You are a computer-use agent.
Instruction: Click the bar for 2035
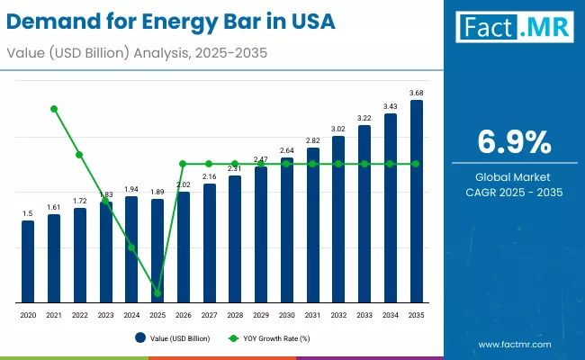pyautogui.click(x=416, y=202)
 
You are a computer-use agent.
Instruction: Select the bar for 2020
pyautogui.click(x=28, y=261)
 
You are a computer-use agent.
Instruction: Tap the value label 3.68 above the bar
pyautogui.click(x=416, y=93)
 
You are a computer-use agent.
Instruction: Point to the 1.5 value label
pyautogui.click(x=28, y=213)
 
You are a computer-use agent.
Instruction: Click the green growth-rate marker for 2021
pyautogui.click(x=54, y=109)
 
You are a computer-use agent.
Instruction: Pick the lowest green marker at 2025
pyautogui.click(x=157, y=293)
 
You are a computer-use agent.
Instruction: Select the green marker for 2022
pyautogui.click(x=80, y=155)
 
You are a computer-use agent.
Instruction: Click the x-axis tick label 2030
pyautogui.click(x=286, y=316)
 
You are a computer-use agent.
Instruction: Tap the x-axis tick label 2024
pyautogui.click(x=131, y=316)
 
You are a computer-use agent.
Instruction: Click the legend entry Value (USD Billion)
pyautogui.click(x=176, y=338)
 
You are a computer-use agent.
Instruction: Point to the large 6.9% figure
pyautogui.click(x=514, y=142)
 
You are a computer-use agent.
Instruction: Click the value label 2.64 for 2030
pyautogui.click(x=286, y=150)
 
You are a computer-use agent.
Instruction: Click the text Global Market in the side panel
pyautogui.click(x=514, y=176)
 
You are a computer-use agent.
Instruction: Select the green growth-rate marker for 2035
pyautogui.click(x=416, y=164)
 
